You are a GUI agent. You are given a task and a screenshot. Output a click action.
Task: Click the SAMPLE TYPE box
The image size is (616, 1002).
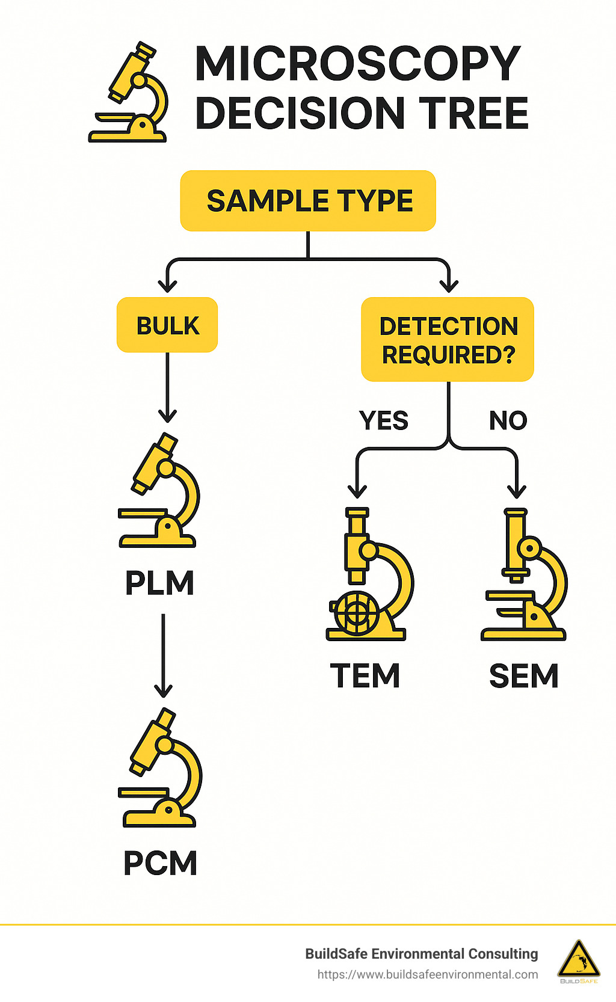click(308, 201)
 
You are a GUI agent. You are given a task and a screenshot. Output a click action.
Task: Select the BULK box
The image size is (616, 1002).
click(167, 325)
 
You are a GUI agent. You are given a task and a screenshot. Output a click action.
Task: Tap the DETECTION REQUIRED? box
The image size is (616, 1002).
click(448, 340)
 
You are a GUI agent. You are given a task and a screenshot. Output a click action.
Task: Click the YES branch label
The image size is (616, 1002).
click(384, 420)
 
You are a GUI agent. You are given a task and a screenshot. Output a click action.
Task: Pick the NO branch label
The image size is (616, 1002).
click(508, 420)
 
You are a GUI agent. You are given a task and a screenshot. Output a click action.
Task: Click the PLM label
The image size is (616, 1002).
click(159, 583)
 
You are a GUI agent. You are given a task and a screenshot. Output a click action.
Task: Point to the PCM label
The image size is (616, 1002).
click(160, 863)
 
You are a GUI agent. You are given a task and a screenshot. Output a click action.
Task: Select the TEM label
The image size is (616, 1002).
click(365, 675)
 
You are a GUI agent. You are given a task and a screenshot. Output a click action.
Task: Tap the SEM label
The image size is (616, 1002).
click(523, 676)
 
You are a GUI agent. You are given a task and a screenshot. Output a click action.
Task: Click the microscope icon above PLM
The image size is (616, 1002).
click(159, 490)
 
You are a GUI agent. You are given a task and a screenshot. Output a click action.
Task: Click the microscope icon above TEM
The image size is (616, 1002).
click(368, 574)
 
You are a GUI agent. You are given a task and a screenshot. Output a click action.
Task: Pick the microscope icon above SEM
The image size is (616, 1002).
click(525, 574)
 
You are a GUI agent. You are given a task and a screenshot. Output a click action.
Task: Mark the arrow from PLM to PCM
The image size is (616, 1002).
click(163, 656)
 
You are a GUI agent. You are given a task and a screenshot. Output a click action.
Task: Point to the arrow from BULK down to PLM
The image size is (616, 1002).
click(167, 388)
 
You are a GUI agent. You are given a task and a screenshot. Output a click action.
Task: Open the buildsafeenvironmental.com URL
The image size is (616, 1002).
click(428, 974)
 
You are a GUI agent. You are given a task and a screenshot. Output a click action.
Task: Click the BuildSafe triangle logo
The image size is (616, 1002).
click(578, 960)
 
